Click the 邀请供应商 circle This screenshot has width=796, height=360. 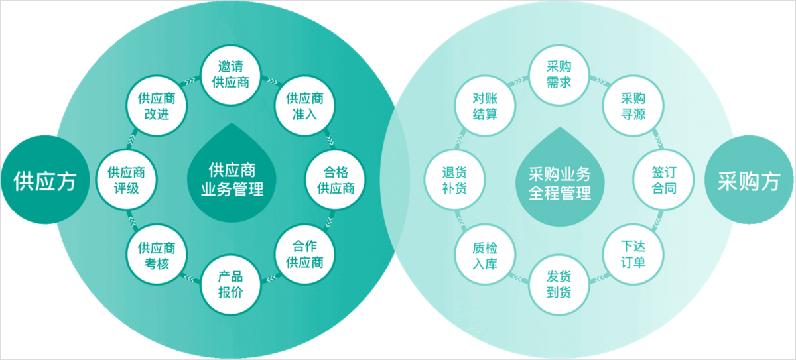230,75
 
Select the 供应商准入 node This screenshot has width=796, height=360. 304,106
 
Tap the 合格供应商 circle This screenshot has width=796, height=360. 336,180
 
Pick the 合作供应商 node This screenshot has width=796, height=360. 304,255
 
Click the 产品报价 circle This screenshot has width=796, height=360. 230,284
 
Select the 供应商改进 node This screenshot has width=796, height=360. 157,106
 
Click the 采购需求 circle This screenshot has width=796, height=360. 559,75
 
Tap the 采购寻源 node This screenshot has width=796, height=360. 633,106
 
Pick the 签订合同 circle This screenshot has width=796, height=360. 664,180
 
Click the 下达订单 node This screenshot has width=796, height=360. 633,255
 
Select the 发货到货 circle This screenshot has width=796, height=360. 559,284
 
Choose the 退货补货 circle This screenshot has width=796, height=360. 454,180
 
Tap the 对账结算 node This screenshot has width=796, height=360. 485,106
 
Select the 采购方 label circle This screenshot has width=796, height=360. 748,181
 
